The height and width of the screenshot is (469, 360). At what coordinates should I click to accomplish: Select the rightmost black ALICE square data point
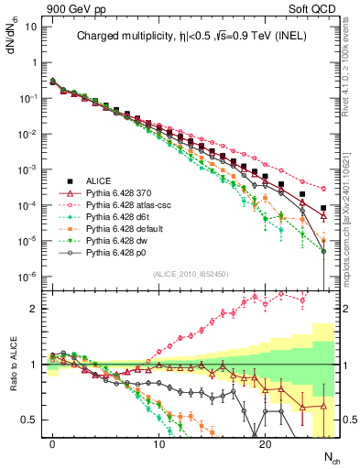coord(323,209)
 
